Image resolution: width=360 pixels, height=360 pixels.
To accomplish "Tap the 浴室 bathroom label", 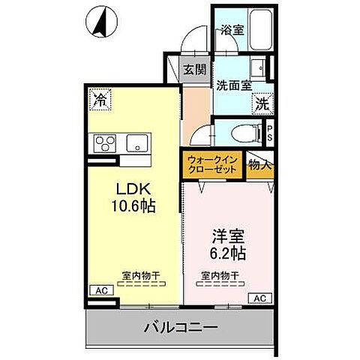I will [x=231, y=31].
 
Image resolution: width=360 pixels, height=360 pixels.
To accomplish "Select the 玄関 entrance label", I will [x=194, y=70].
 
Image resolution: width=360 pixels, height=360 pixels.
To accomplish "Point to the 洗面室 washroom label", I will [x=233, y=85].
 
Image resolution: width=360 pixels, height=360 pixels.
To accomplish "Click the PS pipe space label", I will [x=271, y=135].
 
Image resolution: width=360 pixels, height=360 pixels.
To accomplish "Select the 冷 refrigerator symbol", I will [x=98, y=97].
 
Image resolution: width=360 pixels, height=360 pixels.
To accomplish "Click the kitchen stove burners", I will [x=102, y=142].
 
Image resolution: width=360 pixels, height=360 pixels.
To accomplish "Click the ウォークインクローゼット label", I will [x=212, y=164].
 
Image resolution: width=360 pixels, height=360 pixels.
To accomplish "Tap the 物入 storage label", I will [x=259, y=164].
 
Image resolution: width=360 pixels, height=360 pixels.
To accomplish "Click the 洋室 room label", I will [x=226, y=235].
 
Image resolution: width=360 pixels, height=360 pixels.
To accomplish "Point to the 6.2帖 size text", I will [x=226, y=253].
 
